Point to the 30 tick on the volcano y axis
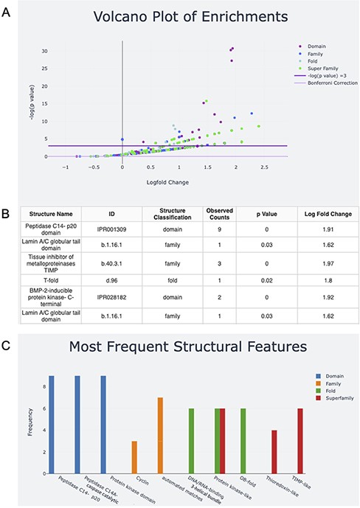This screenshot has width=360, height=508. pos(44,50)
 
